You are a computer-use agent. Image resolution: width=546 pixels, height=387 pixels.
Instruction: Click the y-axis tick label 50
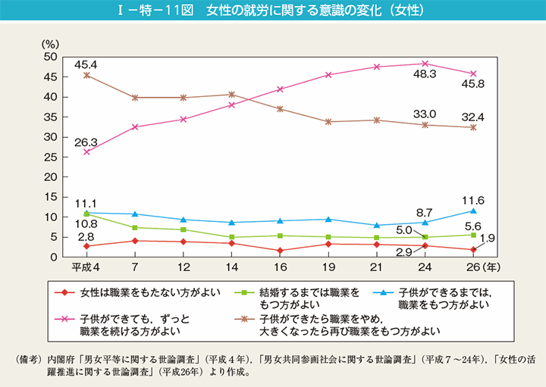pos(50,57)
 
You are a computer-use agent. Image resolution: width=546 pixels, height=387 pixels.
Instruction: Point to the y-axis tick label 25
pos(50,157)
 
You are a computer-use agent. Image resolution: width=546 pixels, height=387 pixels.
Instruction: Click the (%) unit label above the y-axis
pos(51,45)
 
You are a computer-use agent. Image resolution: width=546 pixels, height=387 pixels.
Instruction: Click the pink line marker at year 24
pos(425,64)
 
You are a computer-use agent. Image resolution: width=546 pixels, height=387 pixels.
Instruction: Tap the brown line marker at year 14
pos(231,95)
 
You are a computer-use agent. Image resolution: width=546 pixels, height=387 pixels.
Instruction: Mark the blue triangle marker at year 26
pos(473,211)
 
